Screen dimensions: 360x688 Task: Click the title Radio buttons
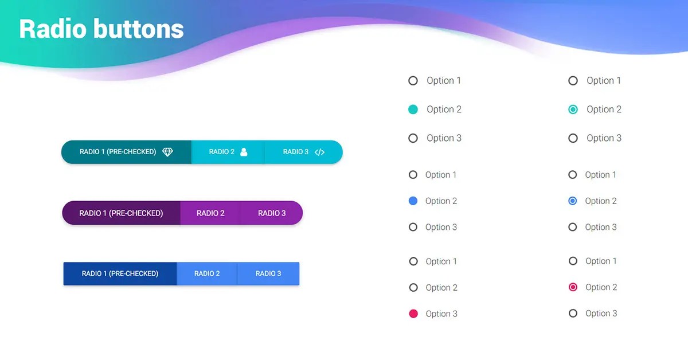pyautogui.click(x=101, y=29)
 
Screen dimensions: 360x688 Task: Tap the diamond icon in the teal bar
pyautogui.click(x=167, y=152)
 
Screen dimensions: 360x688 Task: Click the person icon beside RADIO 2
pyautogui.click(x=244, y=152)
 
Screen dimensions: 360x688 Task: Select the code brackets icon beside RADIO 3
pyautogui.click(x=320, y=152)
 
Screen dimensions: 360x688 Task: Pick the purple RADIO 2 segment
pyautogui.click(x=210, y=213)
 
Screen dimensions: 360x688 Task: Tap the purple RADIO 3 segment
pyautogui.click(x=272, y=213)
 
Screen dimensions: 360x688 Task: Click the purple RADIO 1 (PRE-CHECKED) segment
pyautogui.click(x=121, y=213)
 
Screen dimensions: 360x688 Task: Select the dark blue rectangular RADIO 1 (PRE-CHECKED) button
pyautogui.click(x=120, y=273)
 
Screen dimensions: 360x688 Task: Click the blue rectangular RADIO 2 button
pyautogui.click(x=207, y=273)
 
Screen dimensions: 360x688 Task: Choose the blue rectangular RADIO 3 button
pyautogui.click(x=268, y=273)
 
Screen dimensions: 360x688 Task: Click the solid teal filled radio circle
pyautogui.click(x=413, y=109)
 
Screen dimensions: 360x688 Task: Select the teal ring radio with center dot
pyautogui.click(x=573, y=109)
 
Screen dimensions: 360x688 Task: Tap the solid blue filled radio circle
pyautogui.click(x=413, y=201)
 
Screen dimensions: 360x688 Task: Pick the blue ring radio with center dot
pyautogui.click(x=572, y=201)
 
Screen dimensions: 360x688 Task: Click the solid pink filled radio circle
pyautogui.click(x=413, y=314)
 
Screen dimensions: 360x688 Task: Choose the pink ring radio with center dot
pyautogui.click(x=573, y=287)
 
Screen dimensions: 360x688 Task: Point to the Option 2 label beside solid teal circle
pyautogui.click(x=444, y=109)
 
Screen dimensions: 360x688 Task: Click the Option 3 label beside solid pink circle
pyautogui.click(x=441, y=314)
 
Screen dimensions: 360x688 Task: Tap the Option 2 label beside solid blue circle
pyautogui.click(x=441, y=201)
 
